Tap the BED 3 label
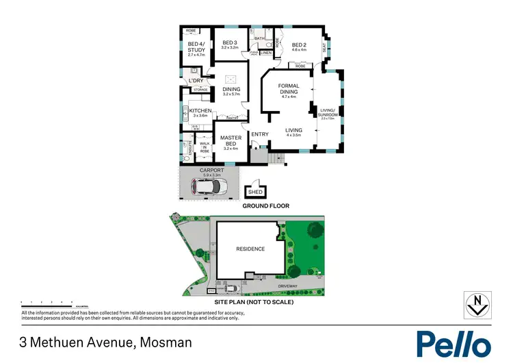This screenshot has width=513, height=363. [230, 45]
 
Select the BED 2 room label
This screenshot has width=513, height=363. [298, 45]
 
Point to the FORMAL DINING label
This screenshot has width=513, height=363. [290, 90]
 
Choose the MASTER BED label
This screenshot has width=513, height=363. [230, 142]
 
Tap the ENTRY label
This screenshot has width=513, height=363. [259, 134]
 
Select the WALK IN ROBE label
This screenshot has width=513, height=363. [204, 147]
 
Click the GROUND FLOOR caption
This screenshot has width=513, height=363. [265, 206]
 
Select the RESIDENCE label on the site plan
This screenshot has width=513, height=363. [250, 249]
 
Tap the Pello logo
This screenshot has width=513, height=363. [453, 342]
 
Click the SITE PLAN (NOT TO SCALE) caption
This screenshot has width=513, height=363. [254, 301]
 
